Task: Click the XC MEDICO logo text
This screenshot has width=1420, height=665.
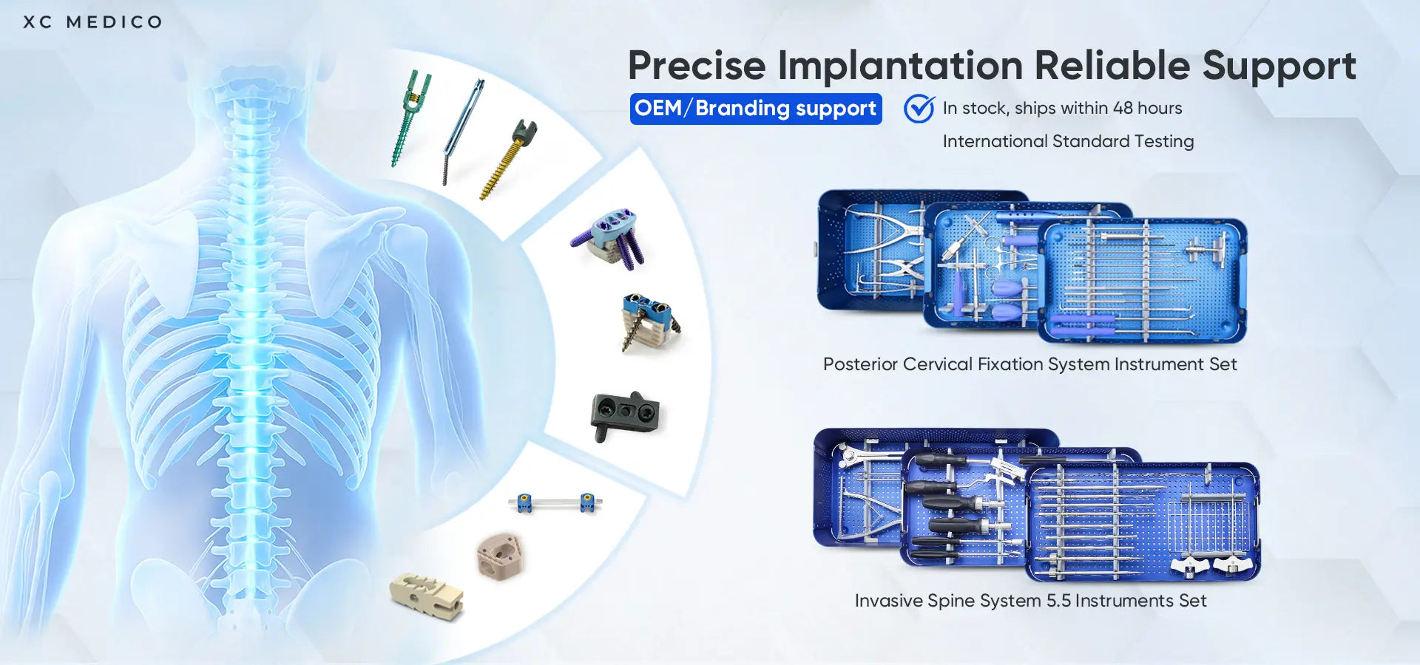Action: click(92, 22)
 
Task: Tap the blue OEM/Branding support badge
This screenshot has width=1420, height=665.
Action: click(755, 109)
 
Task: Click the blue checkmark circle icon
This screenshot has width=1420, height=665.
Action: click(919, 109)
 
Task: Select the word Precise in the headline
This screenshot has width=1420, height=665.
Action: click(696, 66)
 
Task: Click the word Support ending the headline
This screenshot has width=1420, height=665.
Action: click(1279, 66)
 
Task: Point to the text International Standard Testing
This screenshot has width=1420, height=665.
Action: click(1067, 141)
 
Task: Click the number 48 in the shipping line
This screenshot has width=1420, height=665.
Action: click(1122, 108)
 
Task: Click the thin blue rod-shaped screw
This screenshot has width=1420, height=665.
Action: click(463, 129)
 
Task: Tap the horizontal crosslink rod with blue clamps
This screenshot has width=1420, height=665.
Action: click(555, 503)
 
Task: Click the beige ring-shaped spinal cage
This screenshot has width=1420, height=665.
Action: click(501, 556)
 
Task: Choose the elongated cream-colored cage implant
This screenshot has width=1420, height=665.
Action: click(427, 595)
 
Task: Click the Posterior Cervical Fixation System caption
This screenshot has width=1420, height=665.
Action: click(1029, 364)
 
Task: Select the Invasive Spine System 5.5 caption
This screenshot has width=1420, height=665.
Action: click(1030, 601)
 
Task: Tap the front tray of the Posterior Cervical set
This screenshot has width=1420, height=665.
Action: click(1143, 281)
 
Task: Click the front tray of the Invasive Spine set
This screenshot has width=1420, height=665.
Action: click(1143, 521)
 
